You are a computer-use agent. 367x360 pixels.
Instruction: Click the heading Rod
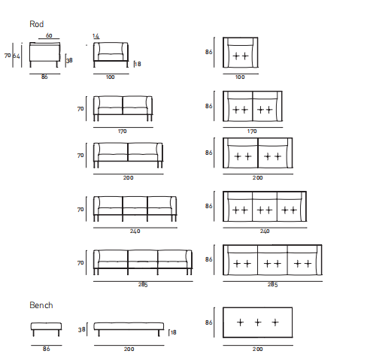(x=37, y=24)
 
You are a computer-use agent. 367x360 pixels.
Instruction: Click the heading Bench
(x=41, y=305)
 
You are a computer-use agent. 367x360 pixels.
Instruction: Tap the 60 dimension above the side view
(x=49, y=35)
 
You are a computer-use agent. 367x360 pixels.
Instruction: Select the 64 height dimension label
(x=17, y=56)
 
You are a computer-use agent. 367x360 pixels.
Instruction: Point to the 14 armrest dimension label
(x=96, y=36)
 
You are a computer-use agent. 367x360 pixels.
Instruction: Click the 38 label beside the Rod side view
(x=69, y=60)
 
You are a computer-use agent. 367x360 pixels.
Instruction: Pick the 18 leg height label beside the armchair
(x=138, y=64)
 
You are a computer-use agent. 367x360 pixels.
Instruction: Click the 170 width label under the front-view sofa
(x=123, y=131)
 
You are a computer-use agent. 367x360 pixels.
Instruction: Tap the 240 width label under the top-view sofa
(x=265, y=231)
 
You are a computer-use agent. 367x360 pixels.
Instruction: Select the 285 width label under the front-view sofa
(x=143, y=285)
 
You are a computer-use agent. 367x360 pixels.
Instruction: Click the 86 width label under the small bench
(x=46, y=349)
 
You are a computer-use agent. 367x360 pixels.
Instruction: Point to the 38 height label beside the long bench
(x=82, y=330)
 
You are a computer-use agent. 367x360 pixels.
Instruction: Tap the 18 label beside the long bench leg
(x=174, y=332)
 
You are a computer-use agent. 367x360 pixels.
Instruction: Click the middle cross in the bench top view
(x=258, y=322)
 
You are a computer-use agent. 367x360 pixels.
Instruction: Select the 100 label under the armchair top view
(x=240, y=77)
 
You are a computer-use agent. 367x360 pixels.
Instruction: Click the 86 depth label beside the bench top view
(x=208, y=322)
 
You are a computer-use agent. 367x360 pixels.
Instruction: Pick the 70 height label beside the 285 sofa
(x=80, y=263)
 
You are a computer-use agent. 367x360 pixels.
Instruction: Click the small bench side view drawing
(x=46, y=329)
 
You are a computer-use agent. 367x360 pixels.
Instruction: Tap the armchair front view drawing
(x=111, y=55)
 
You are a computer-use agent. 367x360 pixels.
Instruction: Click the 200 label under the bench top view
(x=258, y=349)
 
